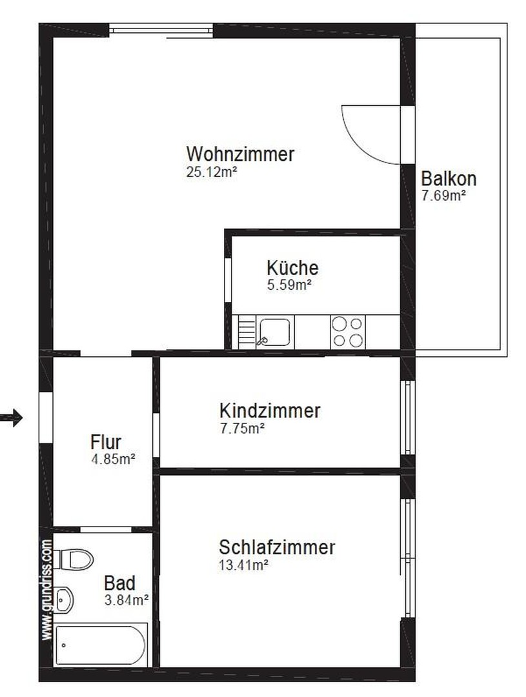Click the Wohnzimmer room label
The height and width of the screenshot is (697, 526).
(240, 154)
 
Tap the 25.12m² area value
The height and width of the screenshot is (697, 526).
(211, 172)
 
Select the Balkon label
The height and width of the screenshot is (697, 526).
(448, 179)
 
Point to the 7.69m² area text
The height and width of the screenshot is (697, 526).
(443, 196)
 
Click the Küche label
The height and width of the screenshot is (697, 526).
(292, 268)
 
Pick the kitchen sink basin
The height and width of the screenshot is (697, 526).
(275, 332)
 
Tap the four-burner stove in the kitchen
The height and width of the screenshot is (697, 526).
(348, 332)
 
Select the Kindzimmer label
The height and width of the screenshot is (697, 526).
(270, 410)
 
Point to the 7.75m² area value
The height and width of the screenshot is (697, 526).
(242, 429)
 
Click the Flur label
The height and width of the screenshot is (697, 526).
(106, 442)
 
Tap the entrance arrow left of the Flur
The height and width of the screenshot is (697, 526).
(11, 418)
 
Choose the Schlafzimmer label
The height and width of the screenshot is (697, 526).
(277, 547)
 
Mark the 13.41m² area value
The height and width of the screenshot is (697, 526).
(243, 565)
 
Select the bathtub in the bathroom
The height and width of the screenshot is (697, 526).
(101, 645)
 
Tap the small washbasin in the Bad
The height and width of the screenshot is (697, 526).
(64, 600)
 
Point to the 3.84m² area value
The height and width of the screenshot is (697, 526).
(126, 600)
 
